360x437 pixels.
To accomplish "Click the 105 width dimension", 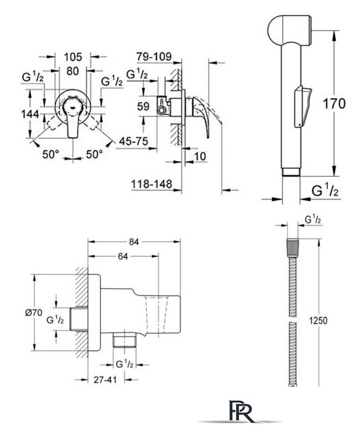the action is coord(73,57).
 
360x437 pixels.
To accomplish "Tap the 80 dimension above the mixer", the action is coord(72,71).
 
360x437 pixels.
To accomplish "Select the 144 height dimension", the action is coord(30,114).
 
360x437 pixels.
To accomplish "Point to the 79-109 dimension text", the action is coord(154,57).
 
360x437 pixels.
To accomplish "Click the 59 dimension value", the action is coord(143,107).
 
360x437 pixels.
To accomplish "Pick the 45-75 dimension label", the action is coord(134,141).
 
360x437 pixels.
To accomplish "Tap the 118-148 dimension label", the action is coord(152,184).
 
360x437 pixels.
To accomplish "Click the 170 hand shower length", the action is coord(334,104).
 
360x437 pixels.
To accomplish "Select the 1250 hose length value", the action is coord(318,320).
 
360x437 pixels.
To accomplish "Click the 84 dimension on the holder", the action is coord(134,242).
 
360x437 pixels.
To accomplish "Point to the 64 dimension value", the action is coord(123,257).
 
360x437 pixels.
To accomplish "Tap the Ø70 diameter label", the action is coord(33,313).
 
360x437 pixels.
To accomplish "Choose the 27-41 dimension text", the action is coord(105,380).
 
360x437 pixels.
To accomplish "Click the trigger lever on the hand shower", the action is coord(303,107).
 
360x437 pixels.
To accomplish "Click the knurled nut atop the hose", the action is coord(292,248).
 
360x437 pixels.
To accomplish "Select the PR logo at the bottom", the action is coord(240,412).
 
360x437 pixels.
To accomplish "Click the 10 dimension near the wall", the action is coord(199,156).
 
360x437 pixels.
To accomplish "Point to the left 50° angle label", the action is coord(51,154).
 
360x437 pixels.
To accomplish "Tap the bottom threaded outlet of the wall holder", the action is coord(124,340).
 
